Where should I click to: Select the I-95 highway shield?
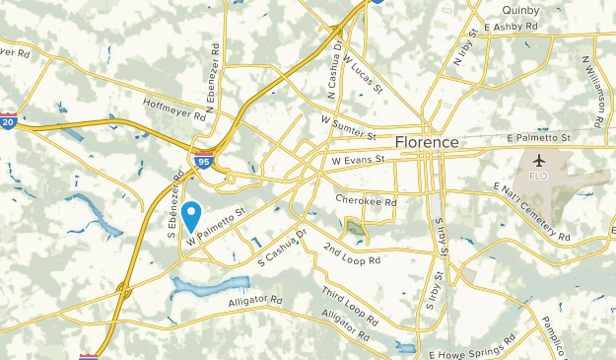[x=202, y=160]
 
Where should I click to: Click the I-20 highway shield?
[x=8, y=122]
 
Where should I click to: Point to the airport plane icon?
[x=538, y=161]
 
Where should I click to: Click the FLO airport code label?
[x=538, y=177]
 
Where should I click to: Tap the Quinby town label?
[x=507, y=11]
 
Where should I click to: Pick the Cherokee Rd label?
[x=365, y=201]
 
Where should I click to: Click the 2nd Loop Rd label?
[x=351, y=254]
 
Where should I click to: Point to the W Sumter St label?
[x=349, y=127]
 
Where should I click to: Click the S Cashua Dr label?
[x=283, y=247]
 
